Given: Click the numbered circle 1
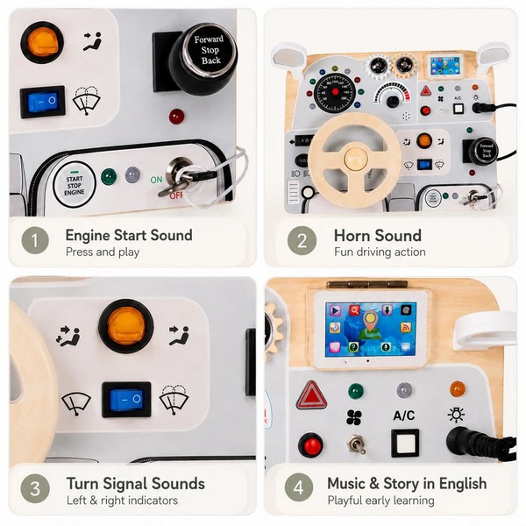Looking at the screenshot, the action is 35,240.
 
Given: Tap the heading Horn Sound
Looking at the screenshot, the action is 377,236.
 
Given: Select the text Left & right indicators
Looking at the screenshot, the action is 122,501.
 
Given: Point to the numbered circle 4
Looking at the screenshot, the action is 299,487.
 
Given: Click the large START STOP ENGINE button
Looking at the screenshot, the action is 75,185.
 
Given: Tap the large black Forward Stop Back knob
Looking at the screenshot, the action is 203,59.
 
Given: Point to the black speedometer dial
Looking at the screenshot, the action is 335,92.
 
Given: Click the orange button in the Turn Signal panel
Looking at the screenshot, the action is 125,326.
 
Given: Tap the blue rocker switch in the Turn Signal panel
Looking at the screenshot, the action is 126,400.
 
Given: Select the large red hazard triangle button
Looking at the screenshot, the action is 311,395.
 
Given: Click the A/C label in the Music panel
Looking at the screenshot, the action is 404,416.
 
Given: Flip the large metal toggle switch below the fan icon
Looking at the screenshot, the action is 356,444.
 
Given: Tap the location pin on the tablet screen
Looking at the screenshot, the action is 370,320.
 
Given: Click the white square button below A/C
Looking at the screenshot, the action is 405,443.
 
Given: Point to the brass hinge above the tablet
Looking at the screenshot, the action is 367,284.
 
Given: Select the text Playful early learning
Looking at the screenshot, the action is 380,501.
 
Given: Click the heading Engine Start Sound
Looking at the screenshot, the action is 129,236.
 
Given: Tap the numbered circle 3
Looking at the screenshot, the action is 35,488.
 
